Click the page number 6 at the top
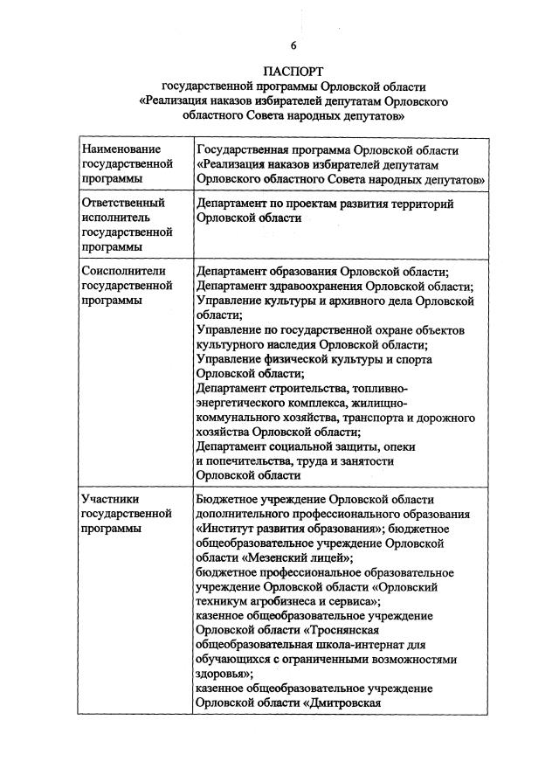[x=293, y=45]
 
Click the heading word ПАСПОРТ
[x=293, y=70]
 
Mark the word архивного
[x=359, y=301]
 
